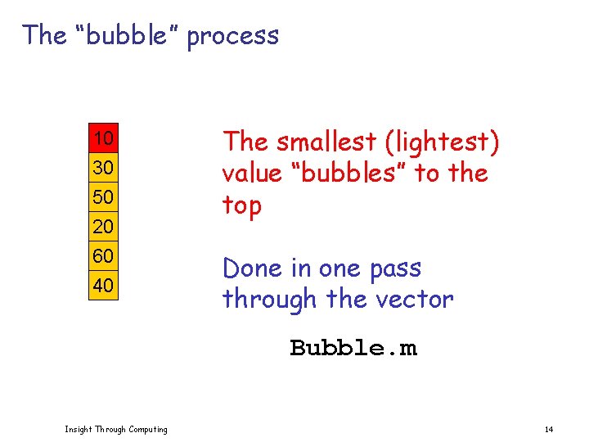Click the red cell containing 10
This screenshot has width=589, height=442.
tap(104, 138)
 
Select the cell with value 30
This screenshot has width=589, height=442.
tap(104, 167)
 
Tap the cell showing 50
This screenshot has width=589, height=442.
tap(104, 196)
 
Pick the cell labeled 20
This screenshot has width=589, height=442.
tap(104, 226)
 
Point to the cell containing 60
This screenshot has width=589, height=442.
tap(104, 256)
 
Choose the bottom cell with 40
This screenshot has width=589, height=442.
tap(104, 286)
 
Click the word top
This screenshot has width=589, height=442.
tap(242, 206)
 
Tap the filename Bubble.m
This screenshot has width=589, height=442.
tap(353, 348)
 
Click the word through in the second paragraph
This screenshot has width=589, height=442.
tap(270, 300)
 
